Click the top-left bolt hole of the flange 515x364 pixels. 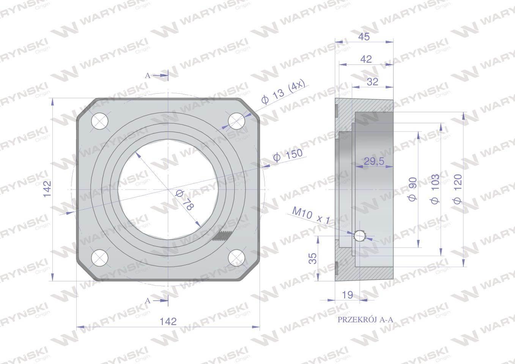(x=99, y=121)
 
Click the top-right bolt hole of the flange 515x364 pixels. (x=236, y=121)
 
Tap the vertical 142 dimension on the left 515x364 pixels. (x=47, y=189)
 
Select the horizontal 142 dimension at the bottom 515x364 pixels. (x=168, y=321)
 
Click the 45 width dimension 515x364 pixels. (x=364, y=37)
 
